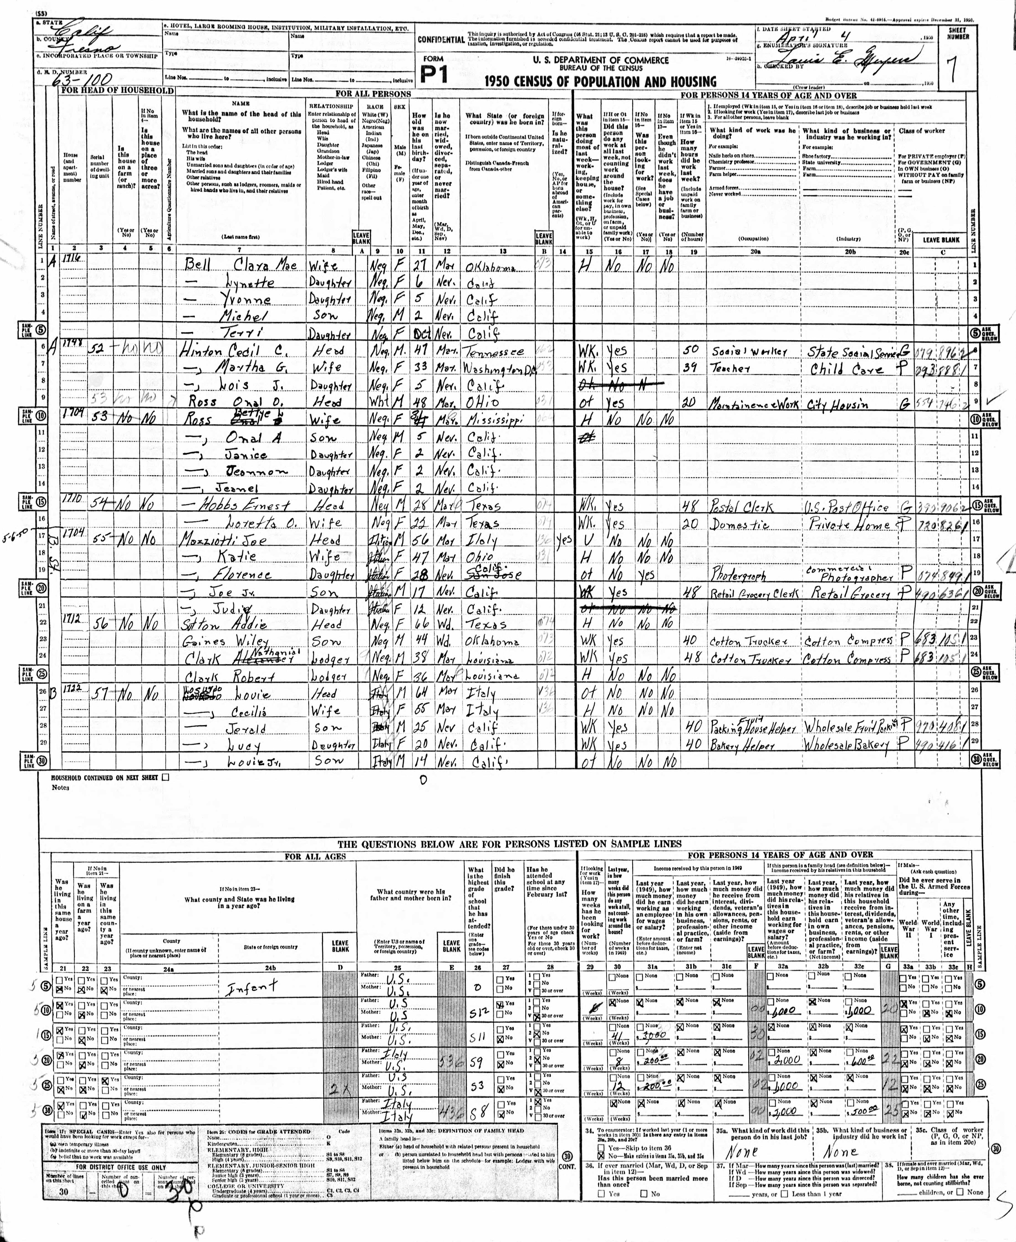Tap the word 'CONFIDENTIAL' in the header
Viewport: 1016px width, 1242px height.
tap(441, 40)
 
